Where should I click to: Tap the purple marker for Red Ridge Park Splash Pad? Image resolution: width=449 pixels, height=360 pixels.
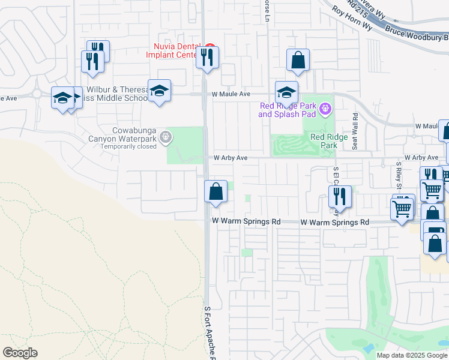[325, 109]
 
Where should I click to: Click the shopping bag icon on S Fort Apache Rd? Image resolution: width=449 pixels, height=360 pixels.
[215, 192]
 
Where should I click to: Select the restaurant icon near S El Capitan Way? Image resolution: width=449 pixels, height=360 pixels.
[340, 197]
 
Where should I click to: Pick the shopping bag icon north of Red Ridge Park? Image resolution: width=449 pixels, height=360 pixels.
[298, 61]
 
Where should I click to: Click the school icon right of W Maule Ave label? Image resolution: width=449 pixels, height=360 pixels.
[287, 93]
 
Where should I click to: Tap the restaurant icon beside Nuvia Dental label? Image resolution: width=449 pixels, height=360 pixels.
[208, 58]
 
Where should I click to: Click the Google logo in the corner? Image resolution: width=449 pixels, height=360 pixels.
[20, 353]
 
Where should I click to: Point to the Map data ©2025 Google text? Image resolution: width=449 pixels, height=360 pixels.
[412, 355]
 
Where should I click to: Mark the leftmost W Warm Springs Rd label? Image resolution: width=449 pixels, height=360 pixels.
[246, 221]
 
